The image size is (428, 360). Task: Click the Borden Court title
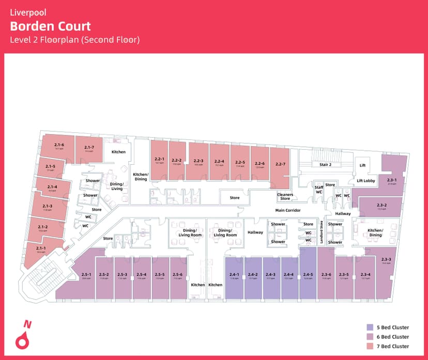point(51,26)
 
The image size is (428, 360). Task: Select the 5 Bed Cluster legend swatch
point(370,327)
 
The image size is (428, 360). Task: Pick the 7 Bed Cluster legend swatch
point(370,346)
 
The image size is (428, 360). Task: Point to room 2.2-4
point(219,162)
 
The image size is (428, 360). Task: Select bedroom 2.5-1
point(86,276)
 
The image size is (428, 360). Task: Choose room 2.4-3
point(270,276)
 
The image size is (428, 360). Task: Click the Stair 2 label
point(325,165)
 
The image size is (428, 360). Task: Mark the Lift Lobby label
point(365,181)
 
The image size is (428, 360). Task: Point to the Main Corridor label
point(288,210)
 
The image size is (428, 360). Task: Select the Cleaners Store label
point(285,196)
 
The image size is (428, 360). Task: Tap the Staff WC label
point(319,190)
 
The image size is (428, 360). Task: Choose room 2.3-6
point(326,276)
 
